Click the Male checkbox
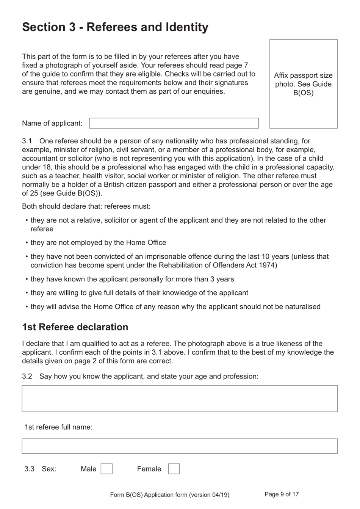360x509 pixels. point(106,469)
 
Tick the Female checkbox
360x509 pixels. point(174,469)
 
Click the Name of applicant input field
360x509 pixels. point(174,123)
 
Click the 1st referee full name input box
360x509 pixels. point(179,446)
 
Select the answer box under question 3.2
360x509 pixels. point(179,399)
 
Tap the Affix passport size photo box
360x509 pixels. point(303,84)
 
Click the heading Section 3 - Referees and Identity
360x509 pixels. point(115,27)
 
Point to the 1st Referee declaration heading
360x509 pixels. point(75,327)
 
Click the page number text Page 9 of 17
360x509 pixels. point(282,494)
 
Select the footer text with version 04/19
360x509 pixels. point(169,495)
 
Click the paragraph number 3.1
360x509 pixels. point(27,141)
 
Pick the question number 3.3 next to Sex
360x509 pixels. point(29,469)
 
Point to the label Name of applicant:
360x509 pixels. point(52,123)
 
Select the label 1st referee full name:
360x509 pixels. point(58,427)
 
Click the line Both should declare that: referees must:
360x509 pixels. point(86,206)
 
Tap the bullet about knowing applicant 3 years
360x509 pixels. point(132,279)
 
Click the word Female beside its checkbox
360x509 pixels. point(149,469)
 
